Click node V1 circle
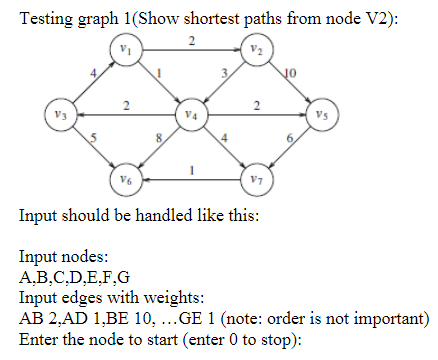click(x=124, y=49)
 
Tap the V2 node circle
click(x=257, y=49)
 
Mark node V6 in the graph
click(x=124, y=180)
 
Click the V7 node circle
click(x=257, y=180)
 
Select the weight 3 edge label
click(x=226, y=71)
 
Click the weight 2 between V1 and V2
click(x=190, y=40)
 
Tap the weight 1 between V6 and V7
click(x=190, y=170)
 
